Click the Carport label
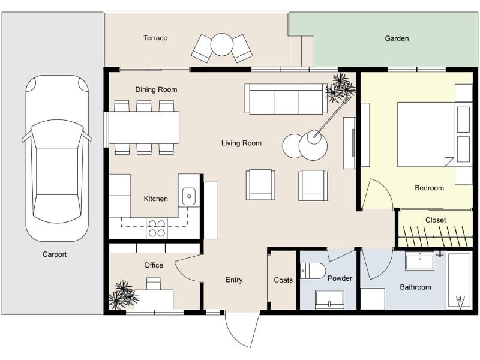point(55,254)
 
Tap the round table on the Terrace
point(222,44)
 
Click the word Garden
point(397,38)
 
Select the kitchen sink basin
point(189,196)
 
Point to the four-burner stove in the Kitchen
point(157,228)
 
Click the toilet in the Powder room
point(313,271)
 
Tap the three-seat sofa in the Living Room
point(286,98)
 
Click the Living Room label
point(241,143)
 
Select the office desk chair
point(154,283)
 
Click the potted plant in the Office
point(124,295)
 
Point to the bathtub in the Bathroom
point(460,280)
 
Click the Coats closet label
point(283,280)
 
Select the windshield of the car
point(57,134)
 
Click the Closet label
point(436,220)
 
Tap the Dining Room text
point(156,89)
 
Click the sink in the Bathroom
point(419,261)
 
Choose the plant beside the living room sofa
point(340,87)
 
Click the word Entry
point(234,280)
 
